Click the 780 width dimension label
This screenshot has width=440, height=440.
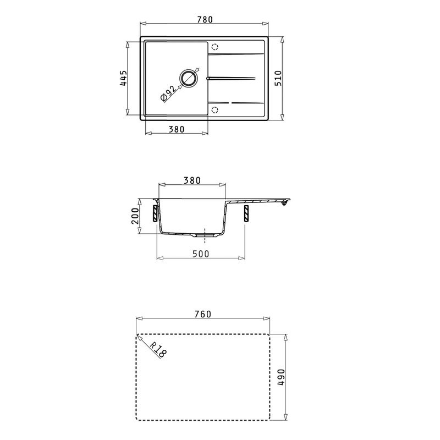pyautogui.click(x=205, y=19)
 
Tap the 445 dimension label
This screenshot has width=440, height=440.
pyautogui.click(x=124, y=79)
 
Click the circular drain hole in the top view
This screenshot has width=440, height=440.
pyautogui.click(x=189, y=78)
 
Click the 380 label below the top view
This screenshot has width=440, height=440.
pyautogui.click(x=176, y=129)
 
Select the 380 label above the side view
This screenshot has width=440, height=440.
pyautogui.click(x=192, y=180)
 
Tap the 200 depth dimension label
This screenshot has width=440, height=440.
pyautogui.click(x=135, y=216)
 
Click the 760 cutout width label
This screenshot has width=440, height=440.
pyautogui.click(x=203, y=314)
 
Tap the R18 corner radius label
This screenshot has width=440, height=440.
pyautogui.click(x=158, y=350)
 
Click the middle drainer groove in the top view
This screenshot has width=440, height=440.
pyautogui.click(x=231, y=78)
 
